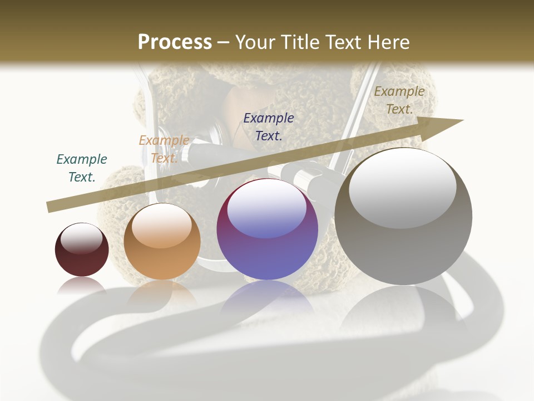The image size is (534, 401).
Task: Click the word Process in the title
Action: [175, 42]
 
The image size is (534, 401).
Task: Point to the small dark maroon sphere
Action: [82, 250]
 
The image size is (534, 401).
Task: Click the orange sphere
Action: [162, 242]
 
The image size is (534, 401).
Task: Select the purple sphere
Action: [268, 229]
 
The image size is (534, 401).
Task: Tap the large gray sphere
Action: [403, 217]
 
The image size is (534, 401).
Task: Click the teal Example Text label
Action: [82, 168]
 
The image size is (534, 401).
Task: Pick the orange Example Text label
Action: [164, 149]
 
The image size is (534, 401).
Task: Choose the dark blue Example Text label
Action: [269, 126]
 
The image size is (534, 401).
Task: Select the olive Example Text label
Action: [399, 100]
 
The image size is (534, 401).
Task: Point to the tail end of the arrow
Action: [50, 207]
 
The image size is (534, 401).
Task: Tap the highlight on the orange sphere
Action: [161, 226]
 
